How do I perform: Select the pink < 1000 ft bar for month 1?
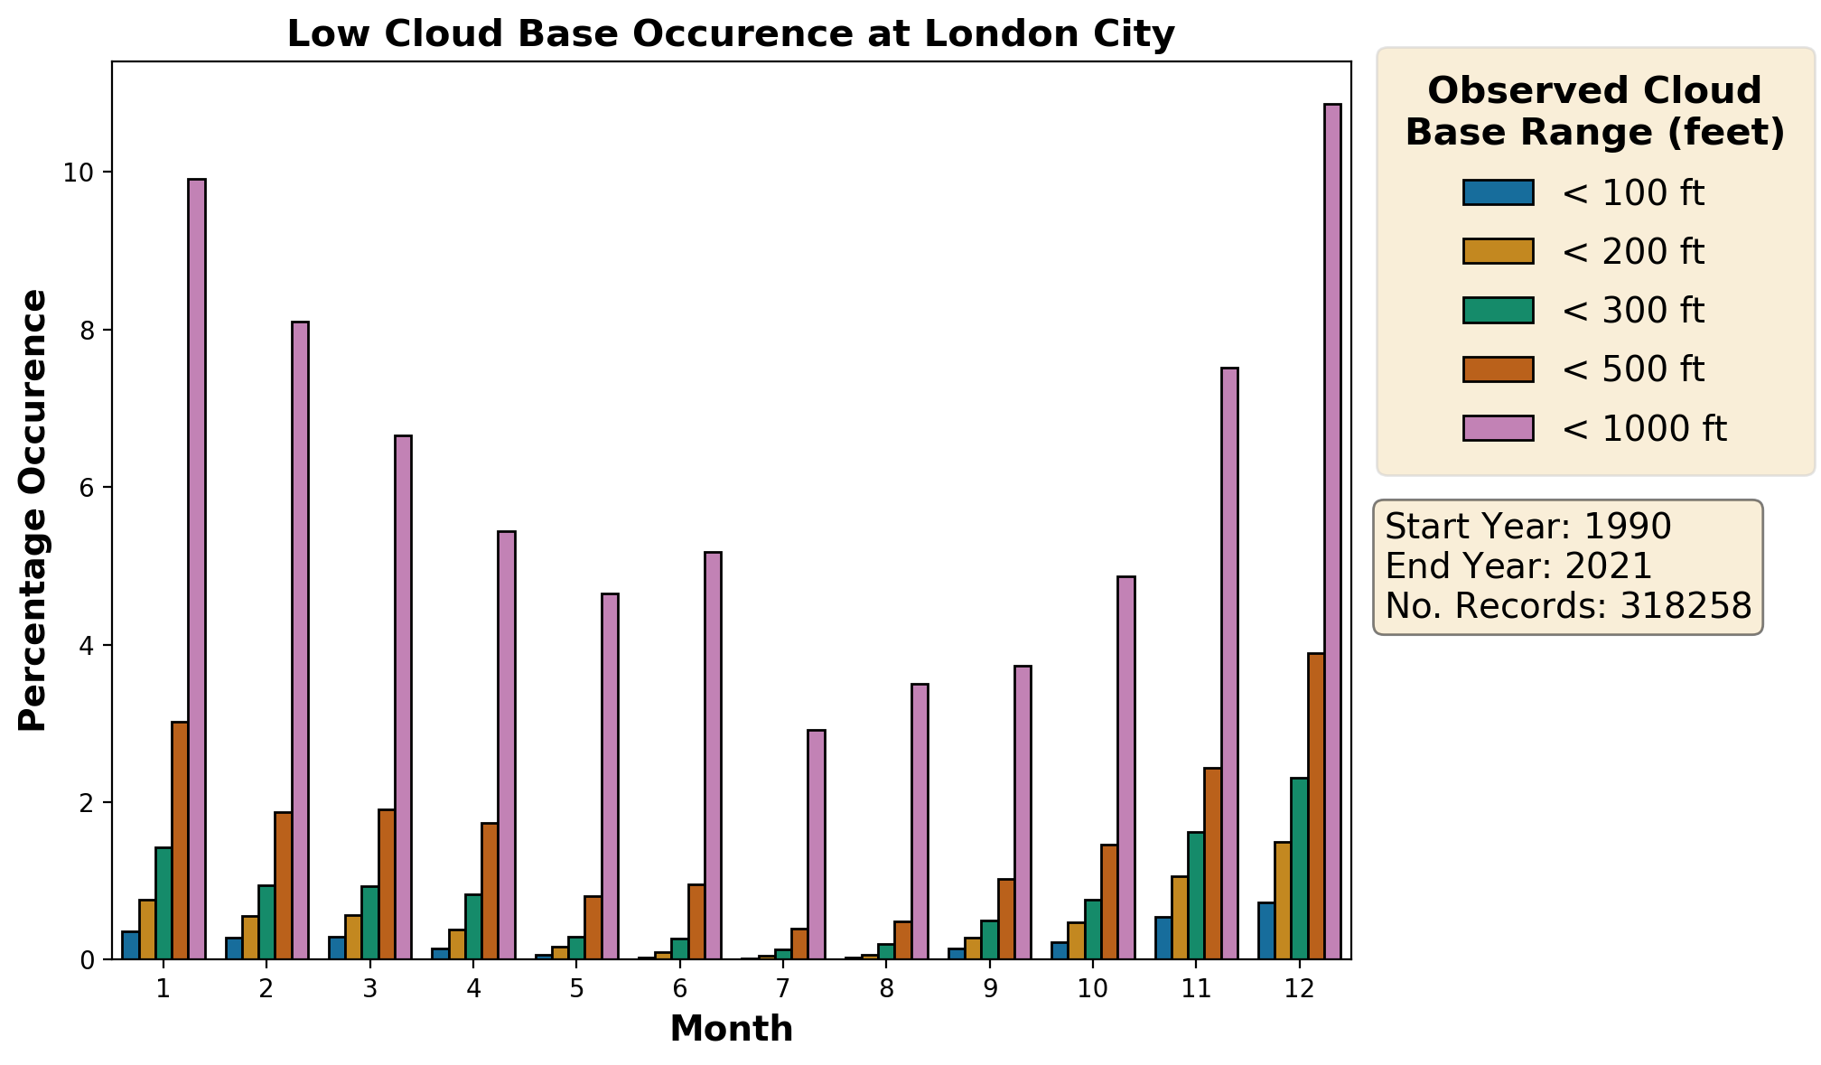197,569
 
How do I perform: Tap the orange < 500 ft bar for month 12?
1316,806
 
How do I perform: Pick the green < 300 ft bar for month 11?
1196,895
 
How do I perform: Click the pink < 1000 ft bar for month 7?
817,845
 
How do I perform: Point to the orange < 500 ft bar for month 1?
180,840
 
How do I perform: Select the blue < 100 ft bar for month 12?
1266,930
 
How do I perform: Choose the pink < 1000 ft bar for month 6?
713,755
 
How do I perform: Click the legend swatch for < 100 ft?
1498,192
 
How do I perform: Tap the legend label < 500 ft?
1632,369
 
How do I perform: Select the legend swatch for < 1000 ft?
1498,427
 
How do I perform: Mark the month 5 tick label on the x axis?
576,989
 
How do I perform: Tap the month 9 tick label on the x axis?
989,989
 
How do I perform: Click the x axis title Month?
731,1030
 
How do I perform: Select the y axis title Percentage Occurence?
33,510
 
